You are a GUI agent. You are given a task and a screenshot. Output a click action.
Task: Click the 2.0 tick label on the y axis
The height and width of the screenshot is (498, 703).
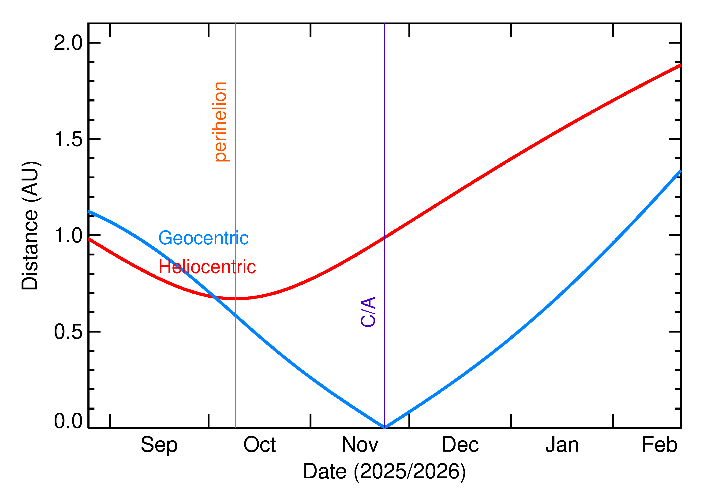coord(68,43)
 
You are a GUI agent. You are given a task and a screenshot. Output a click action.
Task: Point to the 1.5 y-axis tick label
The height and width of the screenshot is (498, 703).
coord(68,139)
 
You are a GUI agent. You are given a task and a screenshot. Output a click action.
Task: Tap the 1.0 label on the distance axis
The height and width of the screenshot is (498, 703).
coord(68,236)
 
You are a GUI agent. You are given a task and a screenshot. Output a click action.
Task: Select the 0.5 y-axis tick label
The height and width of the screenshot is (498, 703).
coord(68,332)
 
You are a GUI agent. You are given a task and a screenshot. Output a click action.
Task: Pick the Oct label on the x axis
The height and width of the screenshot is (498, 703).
coord(259,444)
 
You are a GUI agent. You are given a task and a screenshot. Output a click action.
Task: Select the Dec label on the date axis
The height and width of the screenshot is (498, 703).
coord(460,444)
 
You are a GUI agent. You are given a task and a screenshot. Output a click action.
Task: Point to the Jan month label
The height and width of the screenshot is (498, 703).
coord(562,444)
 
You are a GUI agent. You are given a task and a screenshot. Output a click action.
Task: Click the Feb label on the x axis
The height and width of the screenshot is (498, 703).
coord(659,444)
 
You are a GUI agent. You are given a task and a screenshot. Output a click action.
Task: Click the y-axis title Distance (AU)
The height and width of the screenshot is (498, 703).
coord(30,225)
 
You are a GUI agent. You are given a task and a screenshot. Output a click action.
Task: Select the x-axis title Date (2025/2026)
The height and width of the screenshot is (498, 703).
coord(384,471)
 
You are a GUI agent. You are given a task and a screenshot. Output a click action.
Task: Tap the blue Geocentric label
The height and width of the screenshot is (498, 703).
coord(203,238)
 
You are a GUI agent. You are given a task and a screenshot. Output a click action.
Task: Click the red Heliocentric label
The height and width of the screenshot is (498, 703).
coord(207,267)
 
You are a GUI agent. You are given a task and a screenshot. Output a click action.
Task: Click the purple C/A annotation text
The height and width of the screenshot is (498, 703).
coord(368,312)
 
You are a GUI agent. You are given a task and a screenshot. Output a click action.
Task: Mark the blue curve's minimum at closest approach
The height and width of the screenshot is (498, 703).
coord(385,427)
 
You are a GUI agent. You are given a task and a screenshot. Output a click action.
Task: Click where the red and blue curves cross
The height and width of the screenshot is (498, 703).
coord(216,297)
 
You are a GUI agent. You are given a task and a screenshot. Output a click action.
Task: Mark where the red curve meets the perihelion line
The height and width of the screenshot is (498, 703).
coord(236,298)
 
